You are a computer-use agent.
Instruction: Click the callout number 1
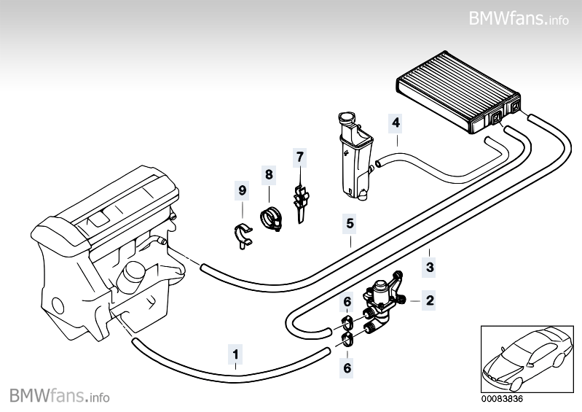235,355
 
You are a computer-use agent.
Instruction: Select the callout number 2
430,299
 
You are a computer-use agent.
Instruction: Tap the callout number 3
430,268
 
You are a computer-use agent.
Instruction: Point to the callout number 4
396,123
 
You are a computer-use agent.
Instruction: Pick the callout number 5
350,223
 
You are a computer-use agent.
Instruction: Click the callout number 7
299,156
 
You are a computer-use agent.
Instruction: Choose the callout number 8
269,174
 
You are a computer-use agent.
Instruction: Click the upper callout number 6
347,301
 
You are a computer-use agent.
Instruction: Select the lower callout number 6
347,368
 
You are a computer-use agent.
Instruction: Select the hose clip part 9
242,236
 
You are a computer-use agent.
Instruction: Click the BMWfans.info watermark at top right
518,18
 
